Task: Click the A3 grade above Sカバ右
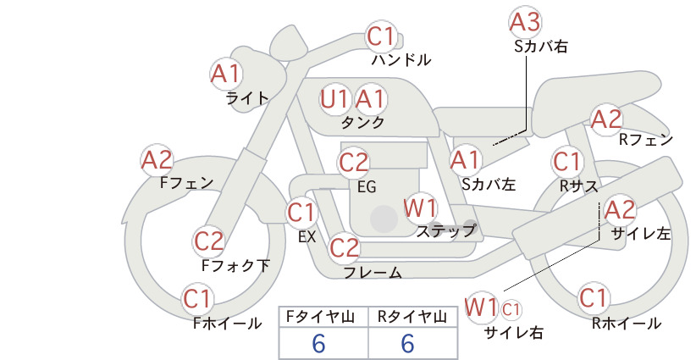525,22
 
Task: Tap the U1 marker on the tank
335,99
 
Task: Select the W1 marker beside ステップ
420,208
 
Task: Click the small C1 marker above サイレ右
511,309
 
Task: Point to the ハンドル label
400,59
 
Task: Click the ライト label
247,98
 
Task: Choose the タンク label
362,122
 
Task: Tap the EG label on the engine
367,187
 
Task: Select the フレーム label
373,272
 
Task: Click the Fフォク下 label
235,265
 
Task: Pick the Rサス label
579,186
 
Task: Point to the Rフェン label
646,140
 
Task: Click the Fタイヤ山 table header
320,317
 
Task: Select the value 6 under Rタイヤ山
408,344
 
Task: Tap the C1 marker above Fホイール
197,299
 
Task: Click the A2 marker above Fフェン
157,161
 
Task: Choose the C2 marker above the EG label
354,163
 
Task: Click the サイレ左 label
641,234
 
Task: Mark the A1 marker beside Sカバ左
466,161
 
